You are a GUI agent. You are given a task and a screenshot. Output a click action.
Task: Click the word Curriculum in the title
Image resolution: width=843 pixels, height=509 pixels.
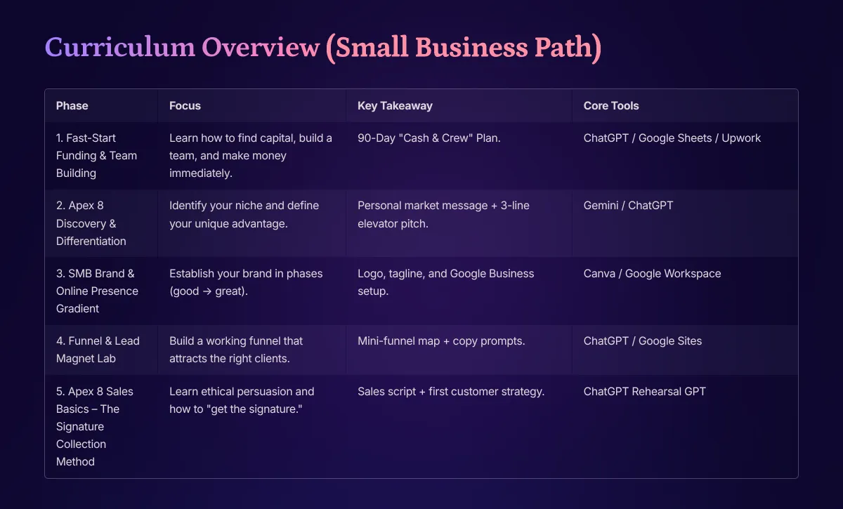(x=119, y=48)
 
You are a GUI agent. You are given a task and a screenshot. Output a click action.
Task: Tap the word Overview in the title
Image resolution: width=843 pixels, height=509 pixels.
(x=261, y=48)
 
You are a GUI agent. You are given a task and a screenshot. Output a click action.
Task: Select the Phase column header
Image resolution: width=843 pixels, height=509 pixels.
(x=72, y=106)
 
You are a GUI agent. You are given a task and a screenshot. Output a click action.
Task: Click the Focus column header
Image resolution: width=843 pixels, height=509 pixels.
(x=185, y=106)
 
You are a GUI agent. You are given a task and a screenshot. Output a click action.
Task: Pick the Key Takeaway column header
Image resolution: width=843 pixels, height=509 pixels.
(x=395, y=106)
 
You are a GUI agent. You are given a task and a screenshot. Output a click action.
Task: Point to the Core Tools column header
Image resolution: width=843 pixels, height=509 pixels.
(x=610, y=106)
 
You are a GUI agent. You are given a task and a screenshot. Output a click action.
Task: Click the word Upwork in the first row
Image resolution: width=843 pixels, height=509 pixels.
(x=741, y=138)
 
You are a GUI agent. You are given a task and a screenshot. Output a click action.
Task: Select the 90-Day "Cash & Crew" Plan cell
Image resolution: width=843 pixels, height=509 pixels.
(x=429, y=138)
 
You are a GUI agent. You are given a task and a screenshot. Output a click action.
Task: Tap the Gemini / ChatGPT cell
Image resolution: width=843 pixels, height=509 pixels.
(x=628, y=206)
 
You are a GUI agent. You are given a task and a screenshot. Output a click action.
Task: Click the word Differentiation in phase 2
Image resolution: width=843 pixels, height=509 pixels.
(x=91, y=241)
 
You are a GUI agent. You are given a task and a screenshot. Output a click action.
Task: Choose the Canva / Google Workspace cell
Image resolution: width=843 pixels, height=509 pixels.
(x=652, y=274)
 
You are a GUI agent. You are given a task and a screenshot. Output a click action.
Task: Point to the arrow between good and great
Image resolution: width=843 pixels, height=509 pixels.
(x=207, y=291)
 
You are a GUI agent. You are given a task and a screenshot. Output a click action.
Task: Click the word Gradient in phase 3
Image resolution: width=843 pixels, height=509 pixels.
(x=77, y=308)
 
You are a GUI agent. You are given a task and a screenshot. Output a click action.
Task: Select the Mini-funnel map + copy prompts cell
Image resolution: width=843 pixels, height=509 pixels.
(x=441, y=341)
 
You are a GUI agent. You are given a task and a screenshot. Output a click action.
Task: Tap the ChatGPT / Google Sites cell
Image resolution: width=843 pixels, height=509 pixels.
(x=642, y=341)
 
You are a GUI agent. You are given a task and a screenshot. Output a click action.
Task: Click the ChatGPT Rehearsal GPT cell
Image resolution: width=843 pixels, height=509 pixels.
(x=644, y=391)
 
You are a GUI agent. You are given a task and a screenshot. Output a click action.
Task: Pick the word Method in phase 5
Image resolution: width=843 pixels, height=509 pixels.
(x=75, y=461)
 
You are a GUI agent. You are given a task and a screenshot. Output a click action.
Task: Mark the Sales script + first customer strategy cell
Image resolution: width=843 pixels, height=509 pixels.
(x=451, y=392)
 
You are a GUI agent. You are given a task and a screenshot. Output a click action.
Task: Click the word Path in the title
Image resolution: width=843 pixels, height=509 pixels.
(x=568, y=48)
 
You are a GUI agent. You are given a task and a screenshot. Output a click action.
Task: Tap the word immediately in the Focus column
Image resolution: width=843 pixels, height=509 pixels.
(x=201, y=173)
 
